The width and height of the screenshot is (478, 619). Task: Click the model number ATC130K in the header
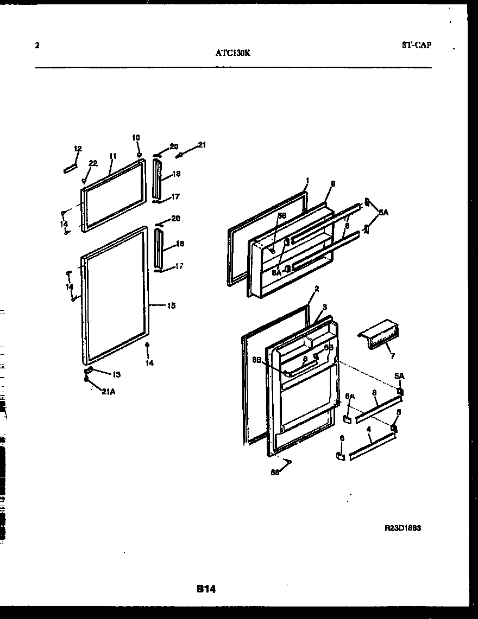click(x=232, y=53)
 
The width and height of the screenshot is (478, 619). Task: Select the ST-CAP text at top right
click(x=417, y=46)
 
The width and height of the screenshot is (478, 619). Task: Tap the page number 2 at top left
click(x=37, y=46)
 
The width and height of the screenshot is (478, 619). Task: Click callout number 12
click(x=78, y=149)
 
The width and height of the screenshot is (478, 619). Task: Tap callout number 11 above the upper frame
click(x=112, y=156)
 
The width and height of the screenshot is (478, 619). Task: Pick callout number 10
click(x=136, y=138)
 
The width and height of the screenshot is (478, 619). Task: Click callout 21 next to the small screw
click(x=202, y=144)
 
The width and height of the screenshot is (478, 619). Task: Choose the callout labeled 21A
click(x=108, y=393)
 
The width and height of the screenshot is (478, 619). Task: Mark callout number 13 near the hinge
click(x=116, y=374)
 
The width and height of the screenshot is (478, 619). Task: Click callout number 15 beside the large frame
click(x=171, y=306)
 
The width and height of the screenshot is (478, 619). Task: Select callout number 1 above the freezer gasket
click(x=307, y=180)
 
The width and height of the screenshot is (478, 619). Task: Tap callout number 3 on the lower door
click(x=324, y=307)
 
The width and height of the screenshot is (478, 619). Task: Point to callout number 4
click(x=369, y=429)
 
